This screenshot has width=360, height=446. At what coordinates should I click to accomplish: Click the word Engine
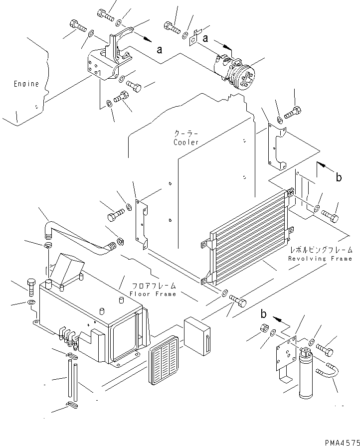point(26,84)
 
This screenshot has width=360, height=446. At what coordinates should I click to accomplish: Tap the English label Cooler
point(186,143)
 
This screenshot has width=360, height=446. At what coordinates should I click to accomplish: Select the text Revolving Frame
point(320,259)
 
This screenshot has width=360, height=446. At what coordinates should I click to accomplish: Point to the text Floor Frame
point(153,294)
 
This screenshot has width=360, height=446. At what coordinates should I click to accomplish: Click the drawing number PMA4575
point(342,441)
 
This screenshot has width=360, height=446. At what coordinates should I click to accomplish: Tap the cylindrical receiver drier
point(306,374)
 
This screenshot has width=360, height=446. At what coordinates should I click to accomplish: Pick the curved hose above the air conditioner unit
point(75,234)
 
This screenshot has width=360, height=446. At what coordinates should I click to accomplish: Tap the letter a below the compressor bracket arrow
point(159,49)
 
